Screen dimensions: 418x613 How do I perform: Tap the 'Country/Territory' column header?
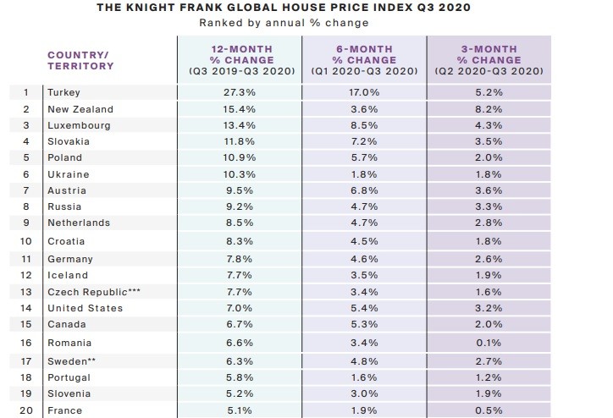(80, 60)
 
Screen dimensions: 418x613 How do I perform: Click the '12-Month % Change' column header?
(241, 60)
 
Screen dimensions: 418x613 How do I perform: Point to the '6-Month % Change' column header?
(366, 60)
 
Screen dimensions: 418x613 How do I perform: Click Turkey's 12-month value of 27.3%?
(241, 92)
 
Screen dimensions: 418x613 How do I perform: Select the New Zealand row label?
(80, 109)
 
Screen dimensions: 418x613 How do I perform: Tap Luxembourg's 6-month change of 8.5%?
(366, 125)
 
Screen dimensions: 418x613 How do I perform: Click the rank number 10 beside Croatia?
(26, 241)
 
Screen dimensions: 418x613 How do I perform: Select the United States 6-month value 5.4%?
(366, 308)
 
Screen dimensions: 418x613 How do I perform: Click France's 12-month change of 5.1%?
(241, 410)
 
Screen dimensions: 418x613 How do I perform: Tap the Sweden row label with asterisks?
(74, 359)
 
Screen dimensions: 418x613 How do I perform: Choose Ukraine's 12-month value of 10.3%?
(241, 173)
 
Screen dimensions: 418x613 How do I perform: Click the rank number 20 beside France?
(26, 410)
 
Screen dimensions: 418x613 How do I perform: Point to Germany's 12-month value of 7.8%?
(241, 259)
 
